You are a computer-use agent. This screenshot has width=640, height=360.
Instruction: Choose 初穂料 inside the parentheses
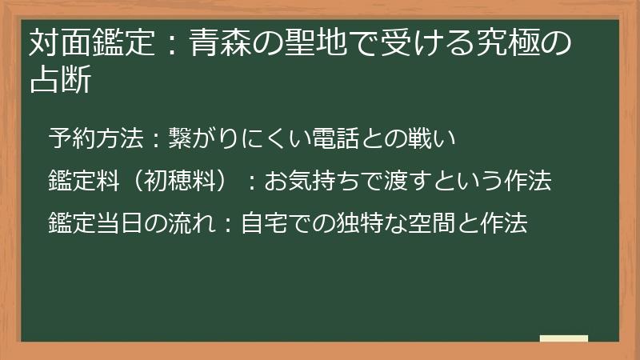[x=177, y=182]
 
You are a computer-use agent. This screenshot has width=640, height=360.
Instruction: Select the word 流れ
[x=189, y=223]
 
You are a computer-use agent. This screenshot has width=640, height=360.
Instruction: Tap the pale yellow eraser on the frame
[x=564, y=339]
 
